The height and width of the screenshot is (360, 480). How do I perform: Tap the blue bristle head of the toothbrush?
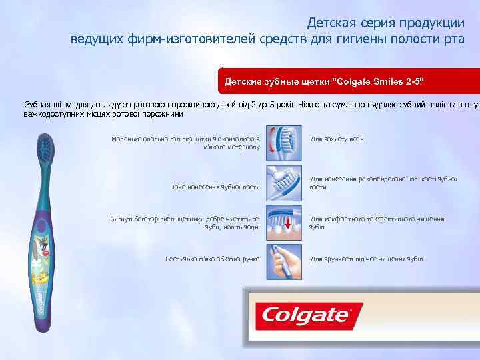(46, 147)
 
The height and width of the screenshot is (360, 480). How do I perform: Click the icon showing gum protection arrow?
(283, 141)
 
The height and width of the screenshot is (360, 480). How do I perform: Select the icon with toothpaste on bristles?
(283, 182)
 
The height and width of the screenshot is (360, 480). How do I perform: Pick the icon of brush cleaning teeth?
(283, 222)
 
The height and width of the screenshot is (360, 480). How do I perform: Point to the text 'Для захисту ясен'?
(337, 139)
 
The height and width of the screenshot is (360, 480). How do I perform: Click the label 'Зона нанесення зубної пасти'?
(215, 187)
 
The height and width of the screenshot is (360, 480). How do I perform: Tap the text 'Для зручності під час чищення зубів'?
(366, 259)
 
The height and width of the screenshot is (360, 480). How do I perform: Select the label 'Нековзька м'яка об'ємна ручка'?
(212, 259)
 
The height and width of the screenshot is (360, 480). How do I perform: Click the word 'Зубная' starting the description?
(38, 105)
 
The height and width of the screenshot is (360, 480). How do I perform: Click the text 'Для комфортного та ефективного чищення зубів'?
(376, 223)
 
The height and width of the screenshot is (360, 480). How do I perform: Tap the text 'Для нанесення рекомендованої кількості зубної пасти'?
(383, 183)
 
